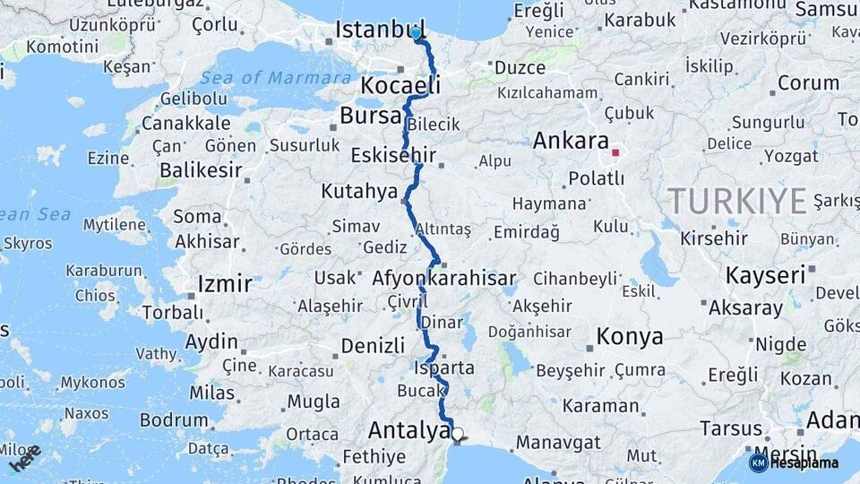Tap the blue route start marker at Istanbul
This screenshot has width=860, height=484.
coord(416,33)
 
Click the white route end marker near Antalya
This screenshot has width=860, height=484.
coord(458,434)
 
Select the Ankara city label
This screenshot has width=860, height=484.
coord(570,141)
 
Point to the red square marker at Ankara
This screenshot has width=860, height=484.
coord(615,152)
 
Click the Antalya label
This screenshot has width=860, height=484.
coord(408,431)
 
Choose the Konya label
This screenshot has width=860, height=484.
coord(630,337)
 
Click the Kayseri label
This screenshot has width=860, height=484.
coord(765,275)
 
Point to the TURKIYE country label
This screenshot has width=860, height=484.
coord(737,201)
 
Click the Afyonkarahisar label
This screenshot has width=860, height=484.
coord(444,278)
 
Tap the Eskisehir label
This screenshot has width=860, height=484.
coord(393,155)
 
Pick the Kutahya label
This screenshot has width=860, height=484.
coord(359,191)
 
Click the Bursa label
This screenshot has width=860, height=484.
coord(371,117)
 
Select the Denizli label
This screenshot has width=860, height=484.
coord(373,345)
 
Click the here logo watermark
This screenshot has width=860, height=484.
coord(25,458)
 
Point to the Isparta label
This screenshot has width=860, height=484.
coord(445,368)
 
